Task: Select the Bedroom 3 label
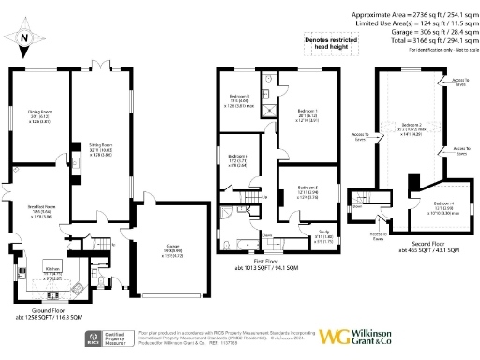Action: pos(238,96)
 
